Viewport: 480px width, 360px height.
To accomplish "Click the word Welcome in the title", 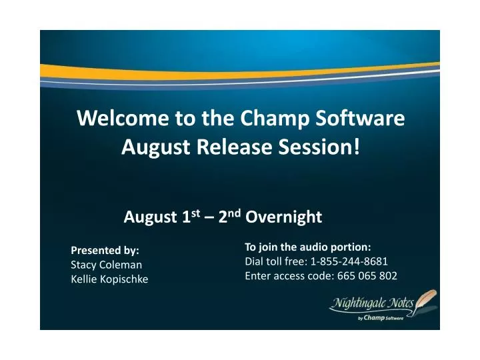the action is (x=123, y=118).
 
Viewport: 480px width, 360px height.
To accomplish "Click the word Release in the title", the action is (x=234, y=147).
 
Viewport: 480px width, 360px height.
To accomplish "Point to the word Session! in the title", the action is (x=319, y=147).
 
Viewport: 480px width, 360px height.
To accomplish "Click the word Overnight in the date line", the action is (x=283, y=217).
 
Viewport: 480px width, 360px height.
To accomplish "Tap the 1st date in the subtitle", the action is (x=191, y=216).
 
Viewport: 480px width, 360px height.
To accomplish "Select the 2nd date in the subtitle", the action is (x=229, y=216).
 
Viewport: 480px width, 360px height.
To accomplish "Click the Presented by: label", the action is (x=105, y=251).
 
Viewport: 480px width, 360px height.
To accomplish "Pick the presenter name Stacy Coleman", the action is (x=106, y=265).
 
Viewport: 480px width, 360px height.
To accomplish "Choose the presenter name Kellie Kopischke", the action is (x=109, y=279).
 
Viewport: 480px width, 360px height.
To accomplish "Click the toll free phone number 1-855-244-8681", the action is (x=349, y=261).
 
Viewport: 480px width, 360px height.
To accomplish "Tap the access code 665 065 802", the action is (x=367, y=276).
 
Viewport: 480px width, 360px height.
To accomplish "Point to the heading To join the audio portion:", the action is (x=307, y=247).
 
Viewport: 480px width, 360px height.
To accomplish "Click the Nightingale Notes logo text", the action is (x=373, y=303).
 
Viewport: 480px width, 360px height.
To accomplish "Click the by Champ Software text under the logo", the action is (x=381, y=318).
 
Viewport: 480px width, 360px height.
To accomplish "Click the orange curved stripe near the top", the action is (x=240, y=71).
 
